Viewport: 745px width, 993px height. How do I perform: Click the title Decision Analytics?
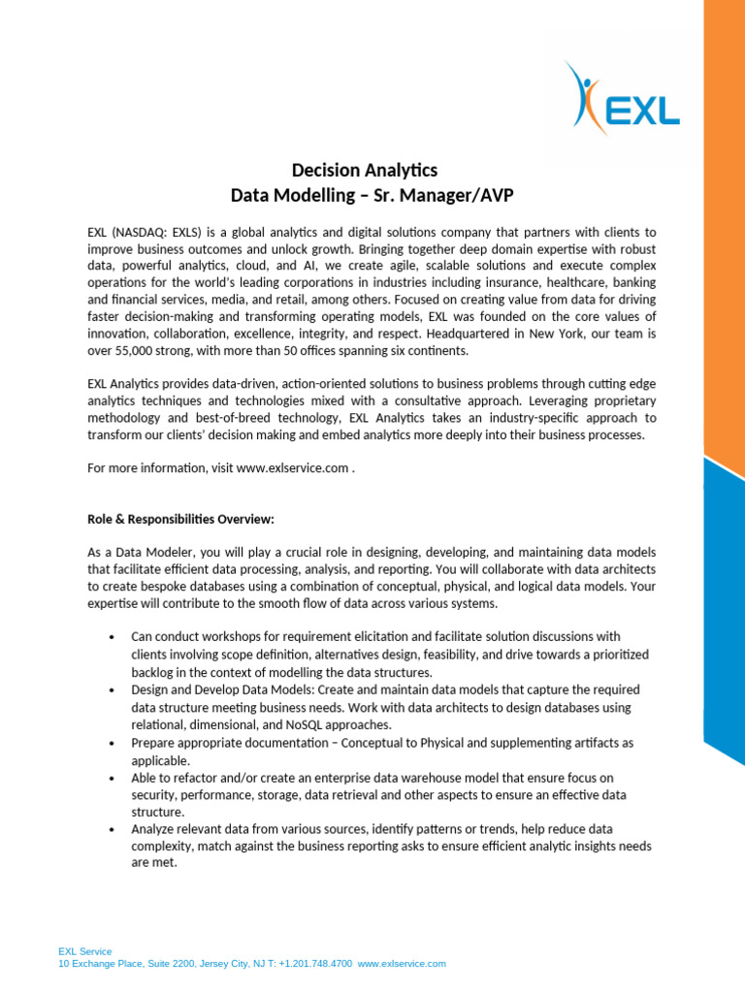[372, 171]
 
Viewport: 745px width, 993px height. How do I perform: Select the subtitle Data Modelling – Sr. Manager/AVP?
[372, 196]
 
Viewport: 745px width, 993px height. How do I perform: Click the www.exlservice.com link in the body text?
[292, 468]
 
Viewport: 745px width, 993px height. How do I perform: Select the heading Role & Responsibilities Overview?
[180, 518]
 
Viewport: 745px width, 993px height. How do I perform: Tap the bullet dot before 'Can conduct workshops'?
[113, 637]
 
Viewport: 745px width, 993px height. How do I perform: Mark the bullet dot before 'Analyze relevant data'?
[113, 830]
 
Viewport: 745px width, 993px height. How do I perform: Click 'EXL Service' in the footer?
[85, 951]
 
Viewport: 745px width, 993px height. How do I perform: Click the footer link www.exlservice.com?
[402, 964]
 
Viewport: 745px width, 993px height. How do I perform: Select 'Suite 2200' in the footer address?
[170, 964]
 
